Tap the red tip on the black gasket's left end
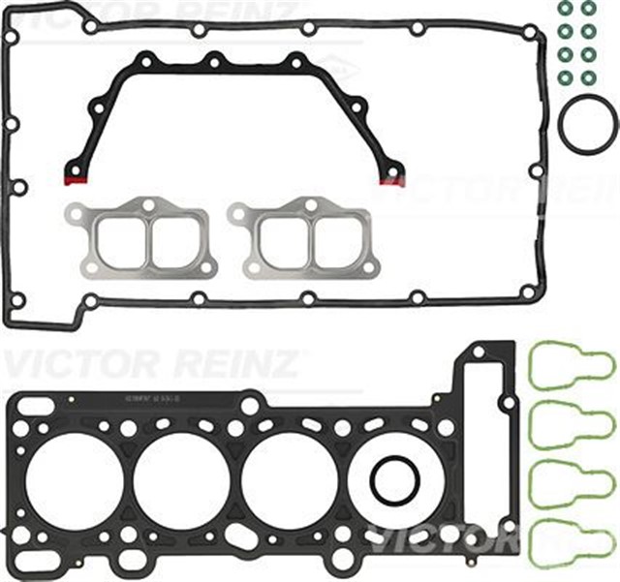coord(75,179)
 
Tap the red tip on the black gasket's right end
coord(390,180)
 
